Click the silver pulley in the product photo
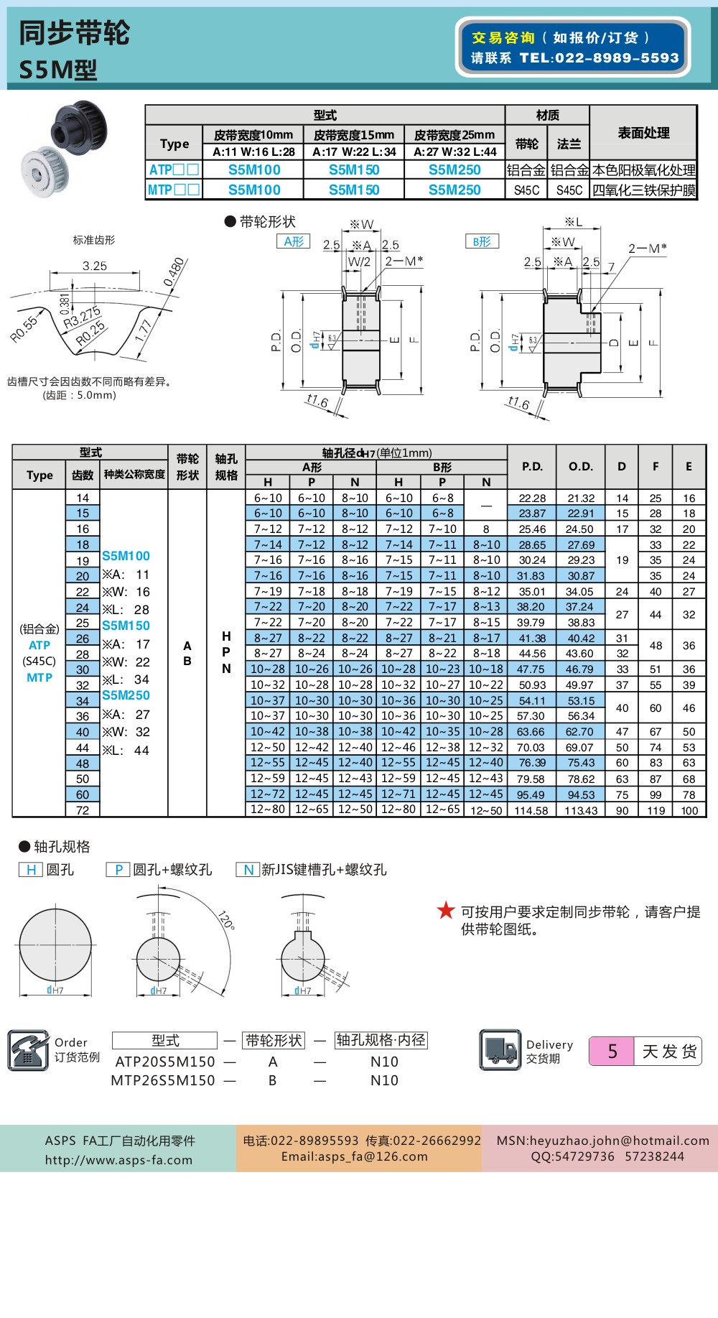(x=45, y=171)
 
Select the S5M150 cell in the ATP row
(x=354, y=170)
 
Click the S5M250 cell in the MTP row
(x=454, y=190)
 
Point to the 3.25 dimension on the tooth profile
(x=95, y=266)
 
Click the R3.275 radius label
(x=81, y=317)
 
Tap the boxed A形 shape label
(x=293, y=241)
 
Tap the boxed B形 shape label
(x=482, y=241)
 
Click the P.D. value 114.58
(x=531, y=810)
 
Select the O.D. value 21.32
(x=581, y=498)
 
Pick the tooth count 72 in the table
(x=83, y=810)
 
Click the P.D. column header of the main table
(x=532, y=466)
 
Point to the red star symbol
(x=446, y=911)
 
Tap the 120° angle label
(x=226, y=920)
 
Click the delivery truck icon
(x=500, y=1050)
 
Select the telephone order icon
(x=27, y=1050)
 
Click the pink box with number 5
(x=612, y=1052)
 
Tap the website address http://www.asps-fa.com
(x=118, y=1160)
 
